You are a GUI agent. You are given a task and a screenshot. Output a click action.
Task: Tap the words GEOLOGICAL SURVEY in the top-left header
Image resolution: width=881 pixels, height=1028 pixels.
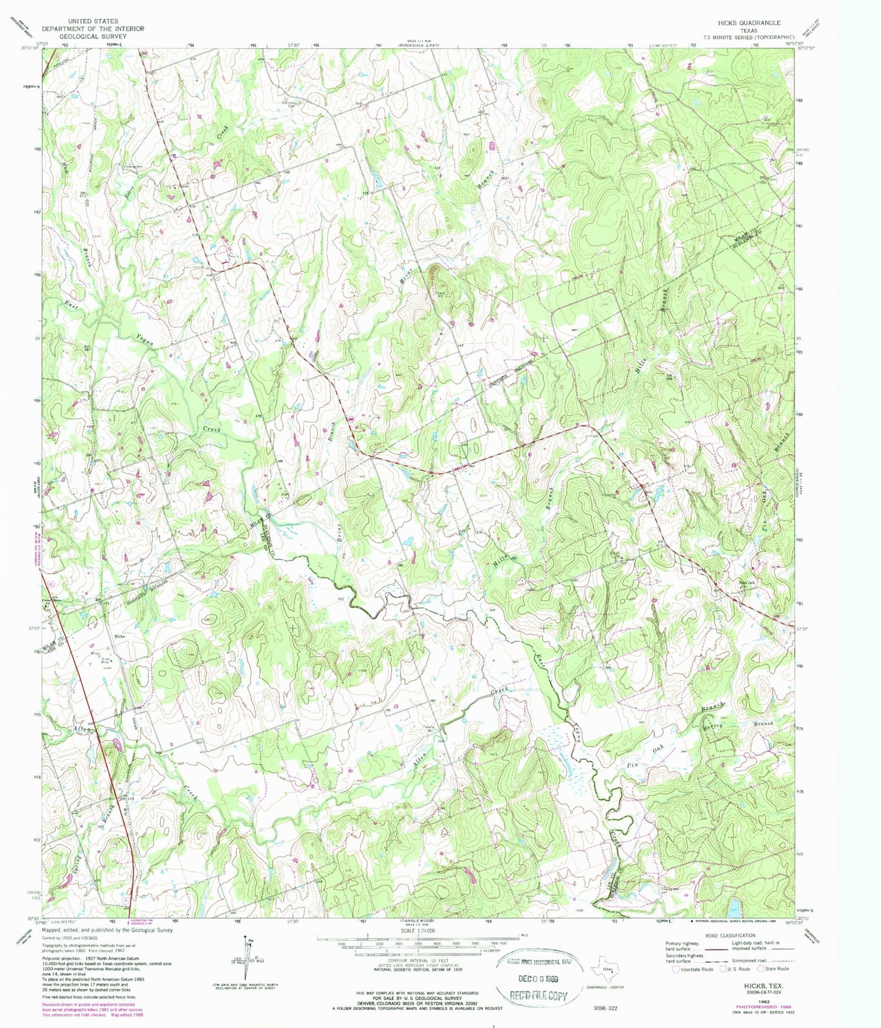click(93, 37)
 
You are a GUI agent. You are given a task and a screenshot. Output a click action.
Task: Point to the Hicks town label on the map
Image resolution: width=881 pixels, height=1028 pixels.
click(119, 636)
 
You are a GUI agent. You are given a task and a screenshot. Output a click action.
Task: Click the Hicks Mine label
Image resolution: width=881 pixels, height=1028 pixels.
click(106, 659)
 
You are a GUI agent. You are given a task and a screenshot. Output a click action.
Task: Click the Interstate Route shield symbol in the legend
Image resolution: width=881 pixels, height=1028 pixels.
click(676, 968)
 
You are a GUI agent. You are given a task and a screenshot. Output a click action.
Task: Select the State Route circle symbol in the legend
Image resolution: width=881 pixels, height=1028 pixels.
click(760, 968)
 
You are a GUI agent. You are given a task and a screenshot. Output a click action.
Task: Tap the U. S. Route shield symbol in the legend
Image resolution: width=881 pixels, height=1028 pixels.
click(724, 968)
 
